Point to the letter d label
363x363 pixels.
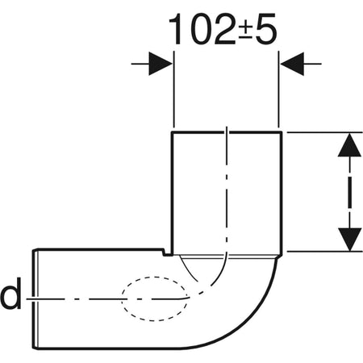click(x=10, y=297)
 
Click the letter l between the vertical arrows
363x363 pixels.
click(x=348, y=192)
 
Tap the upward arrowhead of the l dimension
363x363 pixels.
click(x=348, y=147)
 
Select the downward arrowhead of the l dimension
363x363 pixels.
click(x=348, y=237)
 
